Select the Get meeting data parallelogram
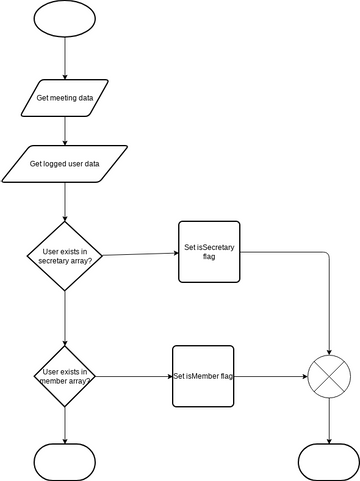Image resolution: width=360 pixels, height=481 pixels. pos(65,98)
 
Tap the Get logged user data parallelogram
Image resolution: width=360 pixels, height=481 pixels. pos(65,163)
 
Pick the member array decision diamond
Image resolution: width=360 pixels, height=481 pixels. pos(65,376)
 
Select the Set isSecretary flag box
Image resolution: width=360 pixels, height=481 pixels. pos(209,251)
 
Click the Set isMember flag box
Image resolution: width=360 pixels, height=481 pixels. pos(203,376)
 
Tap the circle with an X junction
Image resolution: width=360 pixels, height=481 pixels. pos(329,377)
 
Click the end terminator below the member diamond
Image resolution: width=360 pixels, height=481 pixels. pos(65,461)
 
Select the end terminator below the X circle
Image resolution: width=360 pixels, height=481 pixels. pos(329,461)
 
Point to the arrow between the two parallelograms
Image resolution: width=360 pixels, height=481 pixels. pos(65,130)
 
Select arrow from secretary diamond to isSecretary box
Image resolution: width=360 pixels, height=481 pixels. pos(140,253)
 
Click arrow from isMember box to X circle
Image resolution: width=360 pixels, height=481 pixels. pos(270,377)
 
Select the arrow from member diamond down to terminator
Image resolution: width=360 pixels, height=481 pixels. pos(65,425)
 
